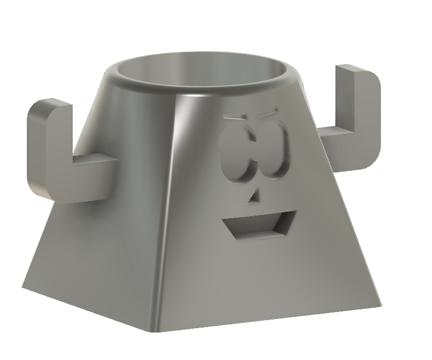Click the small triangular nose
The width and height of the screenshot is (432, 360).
[253, 198]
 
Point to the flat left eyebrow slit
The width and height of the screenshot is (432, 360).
[233, 117]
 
